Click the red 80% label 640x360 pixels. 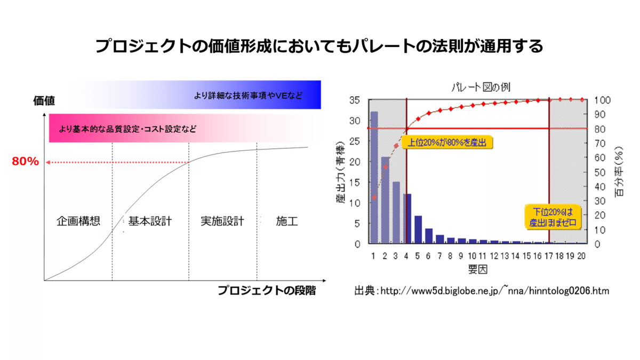(x=26, y=162)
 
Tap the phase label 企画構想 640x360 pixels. (x=78, y=221)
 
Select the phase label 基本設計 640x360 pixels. (x=150, y=221)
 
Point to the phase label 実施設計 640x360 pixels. (x=222, y=221)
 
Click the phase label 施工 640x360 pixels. (x=287, y=221)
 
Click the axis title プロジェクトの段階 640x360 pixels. (x=267, y=291)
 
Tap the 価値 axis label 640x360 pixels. (x=44, y=101)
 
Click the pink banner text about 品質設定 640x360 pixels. (x=127, y=129)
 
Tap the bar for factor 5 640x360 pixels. (x=418, y=229)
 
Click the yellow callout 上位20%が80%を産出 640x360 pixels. (x=448, y=143)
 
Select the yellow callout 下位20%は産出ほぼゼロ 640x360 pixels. (x=553, y=218)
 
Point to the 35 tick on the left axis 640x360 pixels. (x=355, y=100)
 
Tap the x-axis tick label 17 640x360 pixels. (x=548, y=256)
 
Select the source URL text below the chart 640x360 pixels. (x=482, y=291)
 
